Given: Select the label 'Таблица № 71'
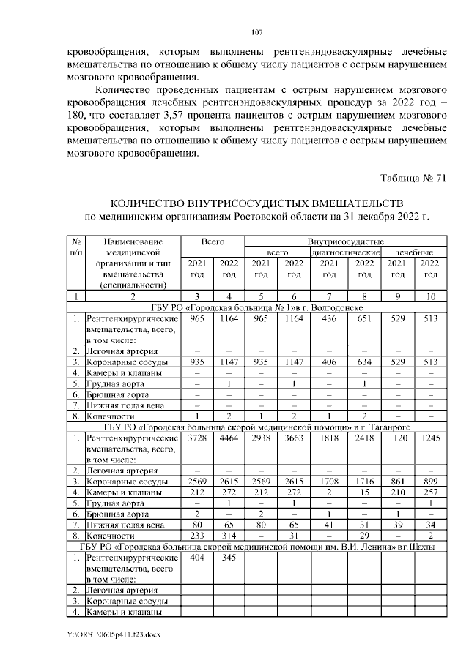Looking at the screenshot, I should point(413,179).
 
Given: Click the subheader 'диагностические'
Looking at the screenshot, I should point(346,252).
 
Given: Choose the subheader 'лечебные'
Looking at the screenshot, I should point(414,252).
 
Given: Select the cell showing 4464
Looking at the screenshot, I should point(229,438).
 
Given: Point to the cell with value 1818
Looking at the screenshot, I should point(329,438).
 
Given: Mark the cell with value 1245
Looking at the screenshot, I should point(430,438).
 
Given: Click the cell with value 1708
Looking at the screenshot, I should point(329,481).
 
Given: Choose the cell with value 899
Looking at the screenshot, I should point(430,481).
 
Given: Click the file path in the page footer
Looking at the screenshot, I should point(114,634).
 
